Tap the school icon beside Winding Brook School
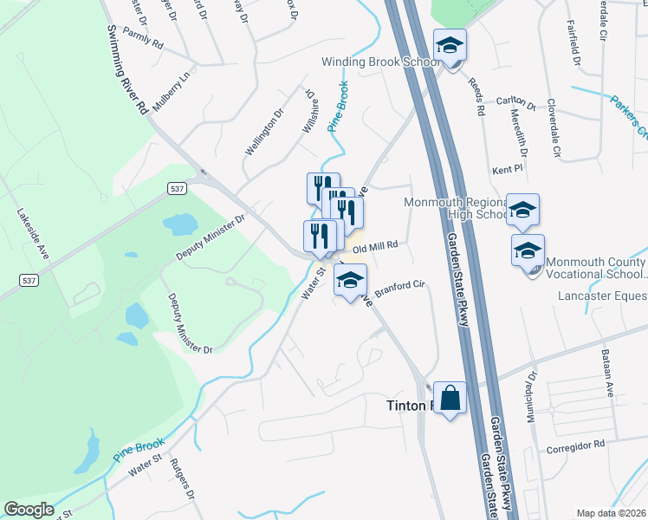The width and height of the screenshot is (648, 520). tap(450, 45)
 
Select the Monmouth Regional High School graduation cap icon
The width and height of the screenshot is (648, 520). tap(522, 210)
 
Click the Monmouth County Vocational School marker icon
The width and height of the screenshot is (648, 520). tap(528, 250)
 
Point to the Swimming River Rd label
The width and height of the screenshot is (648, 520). tap(126, 69)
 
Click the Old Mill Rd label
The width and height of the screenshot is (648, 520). tap(374, 246)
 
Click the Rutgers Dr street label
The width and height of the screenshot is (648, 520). tap(181, 478)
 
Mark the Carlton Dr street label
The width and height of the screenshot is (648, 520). tap(517, 101)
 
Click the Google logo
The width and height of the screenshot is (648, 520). tap(29, 509)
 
